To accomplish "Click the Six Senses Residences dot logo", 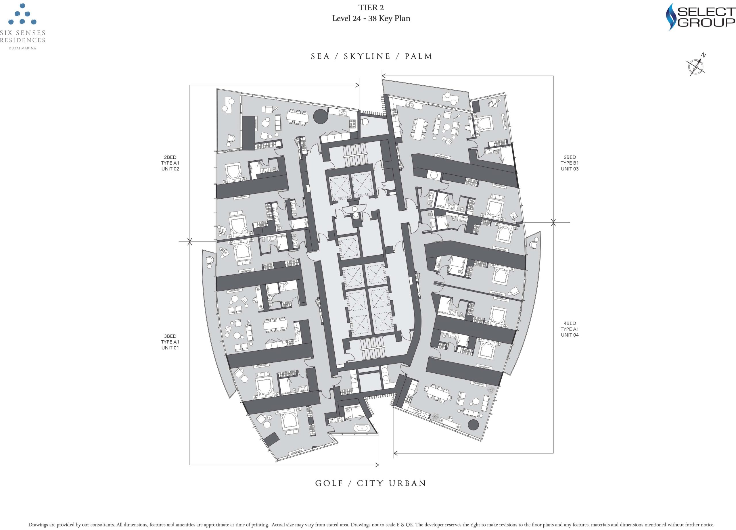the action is point(22,14).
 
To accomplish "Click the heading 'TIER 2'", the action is point(371,7).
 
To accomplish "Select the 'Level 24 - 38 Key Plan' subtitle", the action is point(371,18).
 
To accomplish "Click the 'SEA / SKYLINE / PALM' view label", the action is point(371,56).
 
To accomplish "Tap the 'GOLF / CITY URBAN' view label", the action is point(371,483).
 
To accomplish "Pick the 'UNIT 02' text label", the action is point(170,169).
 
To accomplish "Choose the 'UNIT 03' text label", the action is point(570,169).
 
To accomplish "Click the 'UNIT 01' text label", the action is point(170,348).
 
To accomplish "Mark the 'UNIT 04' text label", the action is point(570,335).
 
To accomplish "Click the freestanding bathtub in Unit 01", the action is point(361,428).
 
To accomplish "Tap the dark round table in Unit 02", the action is point(321,116).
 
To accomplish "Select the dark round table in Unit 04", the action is point(474,425).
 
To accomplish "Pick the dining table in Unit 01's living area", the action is point(275,325).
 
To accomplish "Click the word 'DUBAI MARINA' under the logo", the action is point(22,48).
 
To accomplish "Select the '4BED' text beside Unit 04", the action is point(570,323).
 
